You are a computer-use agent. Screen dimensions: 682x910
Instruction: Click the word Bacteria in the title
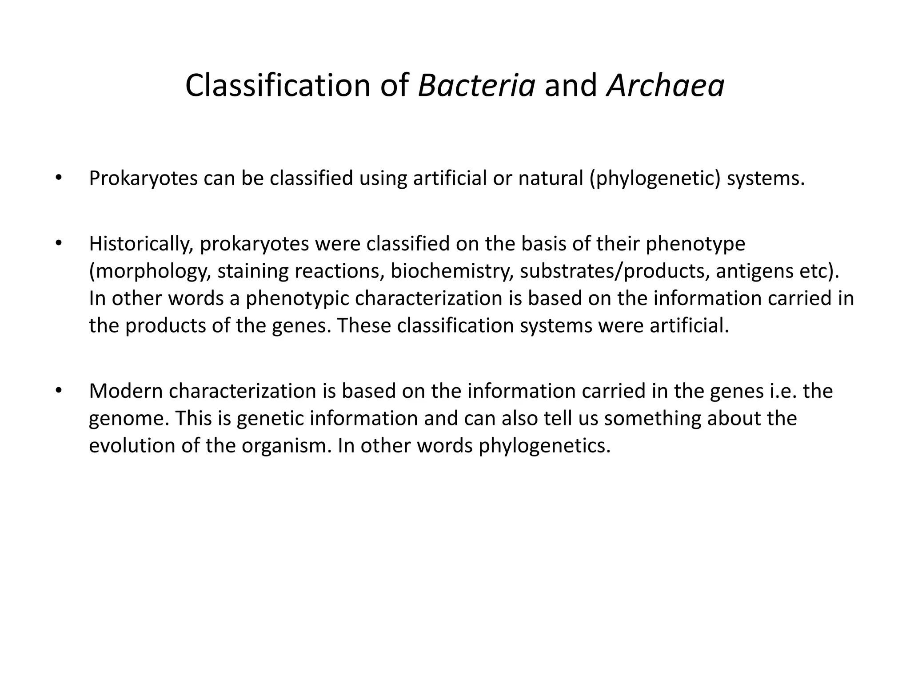click(476, 85)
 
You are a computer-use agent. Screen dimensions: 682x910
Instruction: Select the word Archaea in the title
click(666, 85)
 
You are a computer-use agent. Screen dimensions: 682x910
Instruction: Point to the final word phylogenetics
click(544, 446)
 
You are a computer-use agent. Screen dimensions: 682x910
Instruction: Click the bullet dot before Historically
click(58, 244)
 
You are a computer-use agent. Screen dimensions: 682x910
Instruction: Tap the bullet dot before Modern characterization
click(58, 391)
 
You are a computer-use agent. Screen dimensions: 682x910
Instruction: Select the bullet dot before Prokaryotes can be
click(58, 178)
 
